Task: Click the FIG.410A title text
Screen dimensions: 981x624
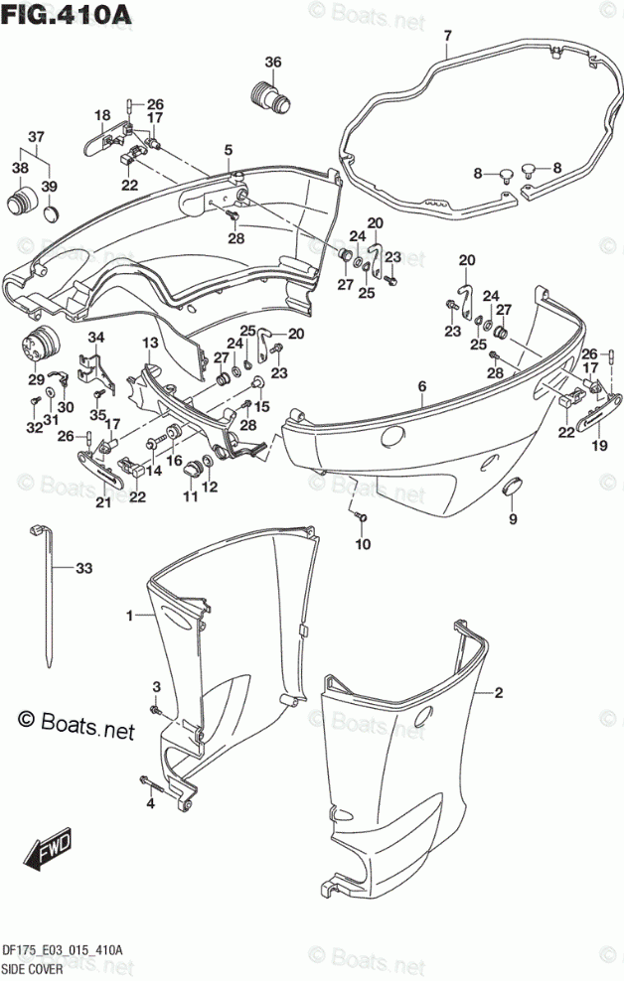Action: click(52, 14)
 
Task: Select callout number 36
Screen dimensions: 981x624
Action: click(272, 63)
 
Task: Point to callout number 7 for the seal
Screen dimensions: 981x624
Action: click(447, 37)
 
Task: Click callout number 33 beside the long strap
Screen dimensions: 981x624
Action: click(83, 569)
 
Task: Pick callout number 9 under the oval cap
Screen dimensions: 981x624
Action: click(513, 518)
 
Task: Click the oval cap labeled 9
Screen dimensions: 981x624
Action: click(513, 485)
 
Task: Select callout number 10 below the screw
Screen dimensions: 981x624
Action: click(363, 544)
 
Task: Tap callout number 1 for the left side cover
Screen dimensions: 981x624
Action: click(129, 617)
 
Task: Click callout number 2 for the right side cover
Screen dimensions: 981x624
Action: click(499, 692)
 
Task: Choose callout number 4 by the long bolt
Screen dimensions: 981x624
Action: click(151, 803)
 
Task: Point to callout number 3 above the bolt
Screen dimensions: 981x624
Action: click(156, 687)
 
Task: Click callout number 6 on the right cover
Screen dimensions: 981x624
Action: click(421, 386)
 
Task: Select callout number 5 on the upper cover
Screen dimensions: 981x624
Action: click(228, 151)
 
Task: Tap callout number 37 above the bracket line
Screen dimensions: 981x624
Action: click(36, 137)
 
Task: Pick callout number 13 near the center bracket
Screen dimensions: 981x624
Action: click(148, 344)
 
